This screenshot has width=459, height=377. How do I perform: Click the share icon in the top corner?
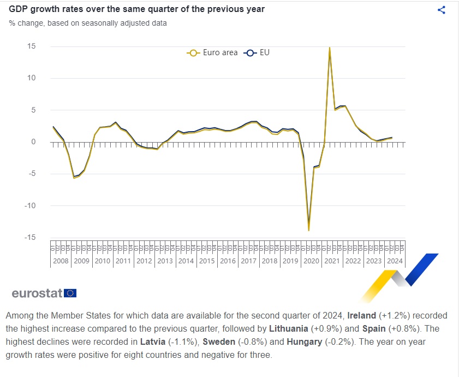pyautogui.click(x=442, y=10)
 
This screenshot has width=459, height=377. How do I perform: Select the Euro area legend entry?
pyautogui.click(x=212, y=53)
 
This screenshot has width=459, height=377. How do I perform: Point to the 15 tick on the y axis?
pyautogui.click(x=32, y=46)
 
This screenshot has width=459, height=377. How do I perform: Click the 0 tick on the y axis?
pyautogui.click(x=33, y=142)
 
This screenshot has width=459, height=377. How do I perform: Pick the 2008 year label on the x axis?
pyautogui.click(x=61, y=261)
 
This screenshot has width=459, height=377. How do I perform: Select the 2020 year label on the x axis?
pyautogui.click(x=311, y=261)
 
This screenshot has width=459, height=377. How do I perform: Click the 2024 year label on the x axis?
pyautogui.click(x=395, y=261)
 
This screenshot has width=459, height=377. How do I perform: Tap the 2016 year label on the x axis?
pyautogui.click(x=228, y=261)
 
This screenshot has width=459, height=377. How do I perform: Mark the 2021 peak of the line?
pyautogui.click(x=330, y=48)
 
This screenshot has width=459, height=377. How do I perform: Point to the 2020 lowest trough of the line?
pyautogui.click(x=309, y=230)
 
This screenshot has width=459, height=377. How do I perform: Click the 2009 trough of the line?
pyautogui.click(x=74, y=178)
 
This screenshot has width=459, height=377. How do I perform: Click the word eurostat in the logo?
pyautogui.click(x=37, y=293)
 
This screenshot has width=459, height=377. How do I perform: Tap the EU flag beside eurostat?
pyautogui.click(x=70, y=293)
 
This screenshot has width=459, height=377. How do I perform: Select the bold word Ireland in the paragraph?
pyautogui.click(x=361, y=316)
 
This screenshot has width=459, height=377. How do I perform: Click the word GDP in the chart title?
pyautogui.click(x=17, y=9)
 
